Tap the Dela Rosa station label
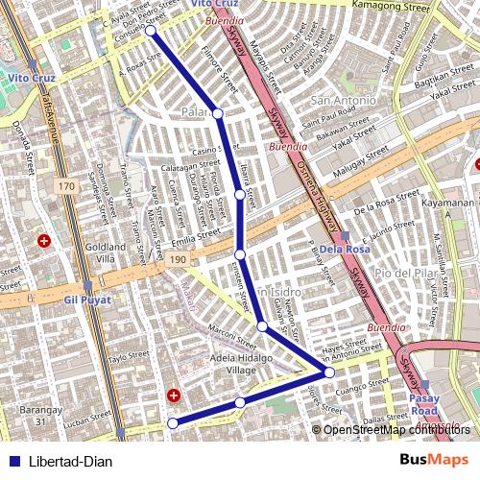point(345,250)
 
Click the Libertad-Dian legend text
point(71,462)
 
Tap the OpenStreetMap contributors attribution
point(397,429)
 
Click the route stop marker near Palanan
point(218,114)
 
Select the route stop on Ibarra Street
point(239,195)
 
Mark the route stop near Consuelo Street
point(152,31)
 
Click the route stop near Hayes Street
point(329,372)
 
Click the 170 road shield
point(65,185)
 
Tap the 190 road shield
point(179,259)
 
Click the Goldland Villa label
point(100,252)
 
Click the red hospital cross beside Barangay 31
point(174,395)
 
